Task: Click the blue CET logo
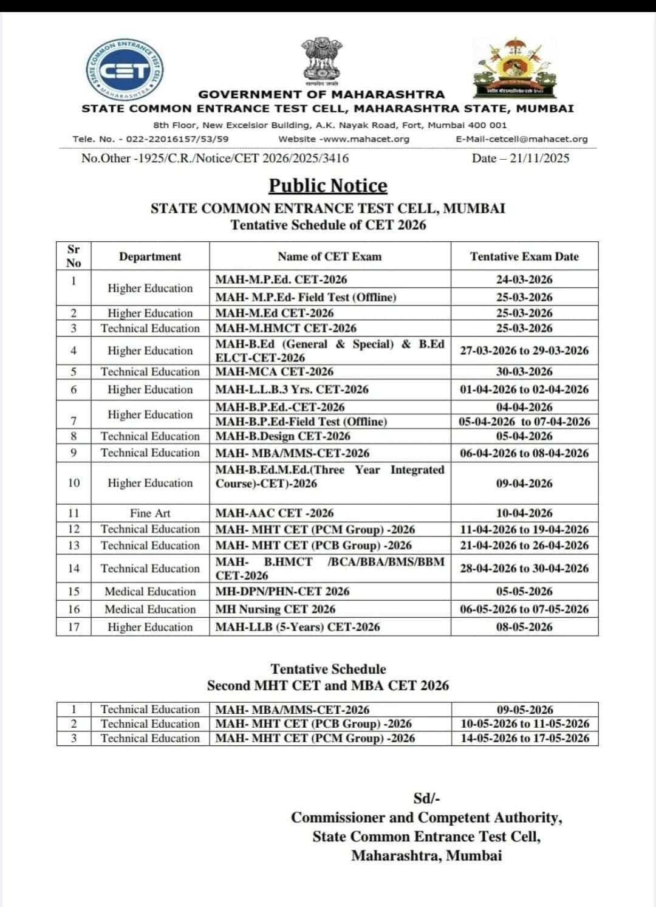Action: pyautogui.click(x=125, y=70)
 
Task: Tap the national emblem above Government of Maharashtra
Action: pyautogui.click(x=322, y=61)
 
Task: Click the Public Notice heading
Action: pyautogui.click(x=328, y=185)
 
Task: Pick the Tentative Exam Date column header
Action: pyautogui.click(x=524, y=256)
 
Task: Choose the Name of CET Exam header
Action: pyautogui.click(x=330, y=256)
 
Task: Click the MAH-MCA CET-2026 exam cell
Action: pyautogui.click(x=275, y=372)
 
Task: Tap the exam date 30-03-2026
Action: pyautogui.click(x=524, y=372)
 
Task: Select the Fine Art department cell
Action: pyautogui.click(x=150, y=513)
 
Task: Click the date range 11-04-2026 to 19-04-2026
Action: pyautogui.click(x=524, y=529)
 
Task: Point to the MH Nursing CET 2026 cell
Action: pyautogui.click(x=275, y=609)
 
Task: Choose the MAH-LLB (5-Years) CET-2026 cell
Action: pyautogui.click(x=298, y=627)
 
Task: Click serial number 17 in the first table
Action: pyautogui.click(x=73, y=627)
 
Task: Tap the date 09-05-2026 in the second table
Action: pyautogui.click(x=525, y=710)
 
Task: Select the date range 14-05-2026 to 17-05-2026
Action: pyautogui.click(x=525, y=738)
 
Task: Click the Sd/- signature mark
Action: pyautogui.click(x=426, y=798)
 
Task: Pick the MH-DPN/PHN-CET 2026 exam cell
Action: pyautogui.click(x=282, y=591)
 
